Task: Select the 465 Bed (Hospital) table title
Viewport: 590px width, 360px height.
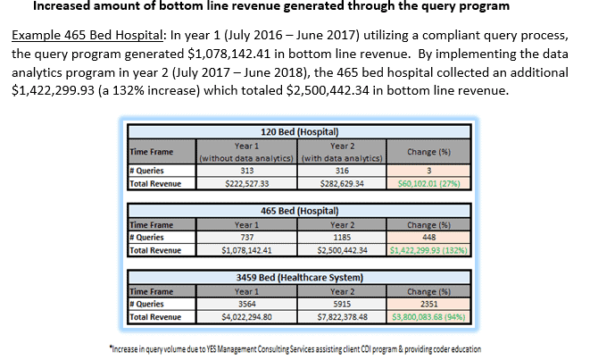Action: point(296,212)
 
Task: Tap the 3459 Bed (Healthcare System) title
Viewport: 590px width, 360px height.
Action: point(296,276)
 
